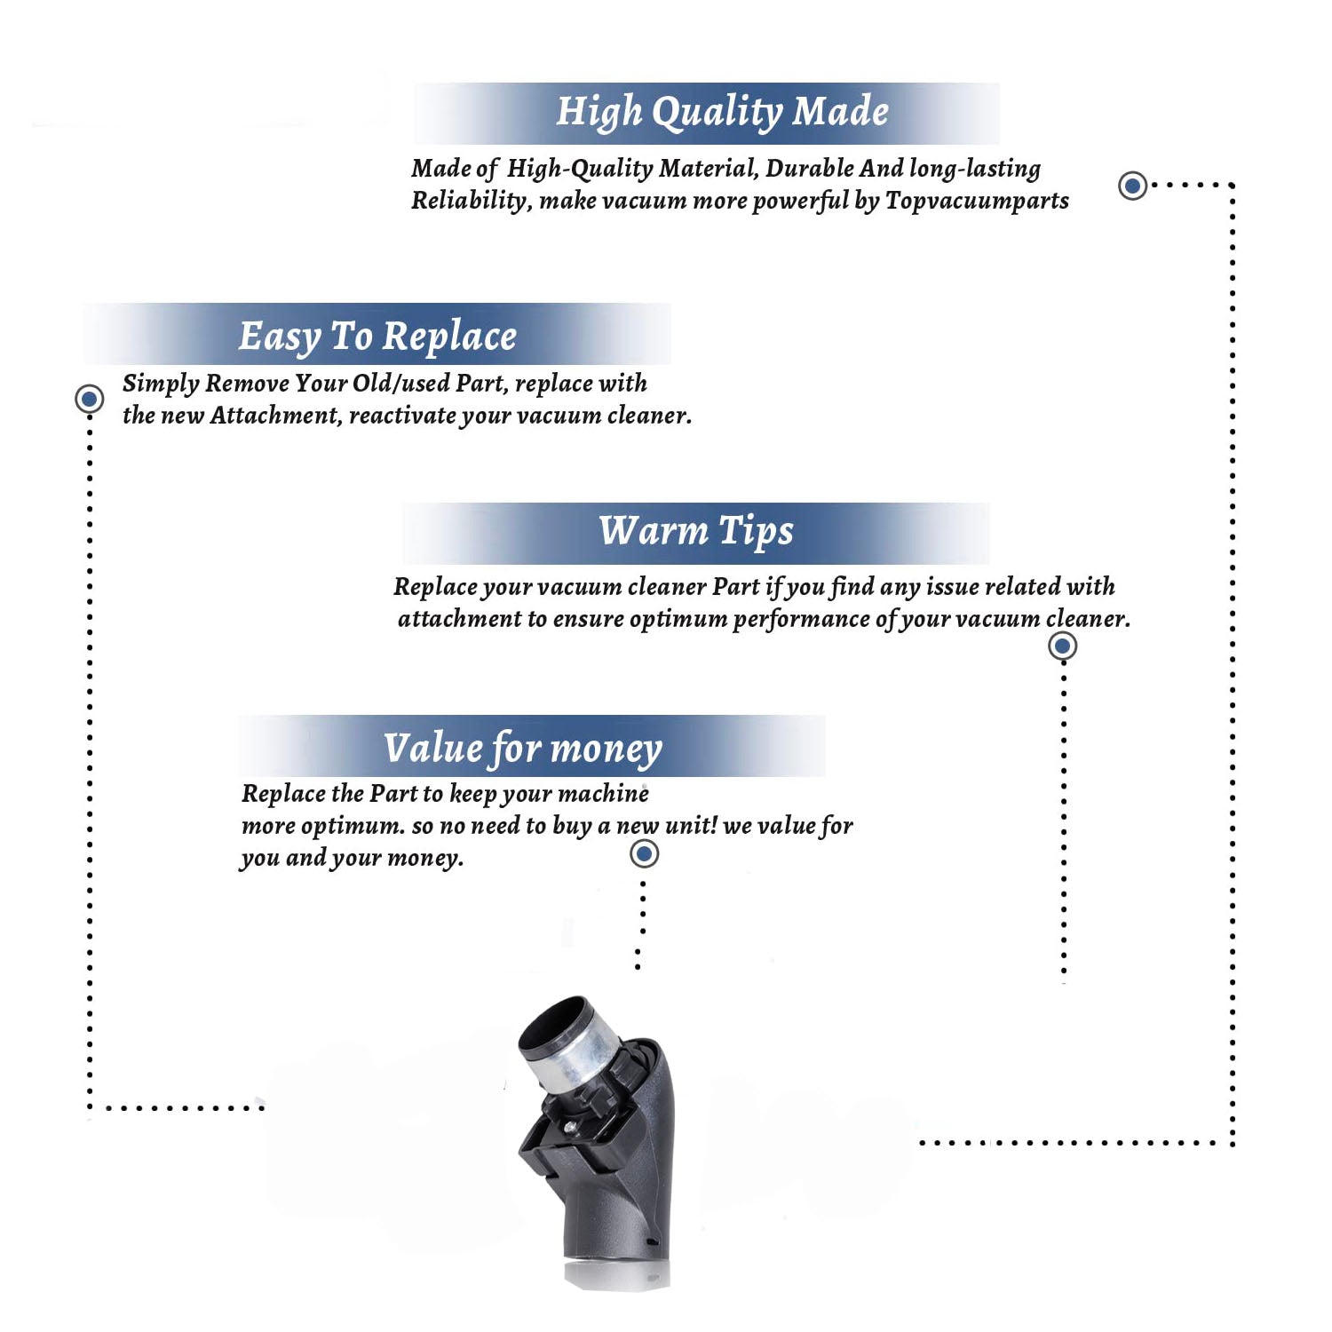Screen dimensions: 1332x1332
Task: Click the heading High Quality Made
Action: pyautogui.click(x=722, y=113)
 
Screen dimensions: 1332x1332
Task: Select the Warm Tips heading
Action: pyautogui.click(x=696, y=531)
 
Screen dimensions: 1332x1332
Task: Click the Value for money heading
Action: pyautogui.click(x=523, y=749)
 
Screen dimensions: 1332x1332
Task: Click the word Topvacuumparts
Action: pyautogui.click(x=977, y=201)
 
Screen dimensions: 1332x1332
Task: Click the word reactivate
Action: pyautogui.click(x=402, y=415)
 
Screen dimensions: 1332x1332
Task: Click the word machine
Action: pyautogui.click(x=605, y=793)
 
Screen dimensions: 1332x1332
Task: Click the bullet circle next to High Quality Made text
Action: pyautogui.click(x=1132, y=186)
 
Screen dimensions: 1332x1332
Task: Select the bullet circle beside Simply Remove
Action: pyautogui.click(x=89, y=399)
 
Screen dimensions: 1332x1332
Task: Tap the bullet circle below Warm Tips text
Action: pyautogui.click(x=1063, y=646)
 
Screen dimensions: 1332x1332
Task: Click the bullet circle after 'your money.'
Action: pyautogui.click(x=644, y=854)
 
